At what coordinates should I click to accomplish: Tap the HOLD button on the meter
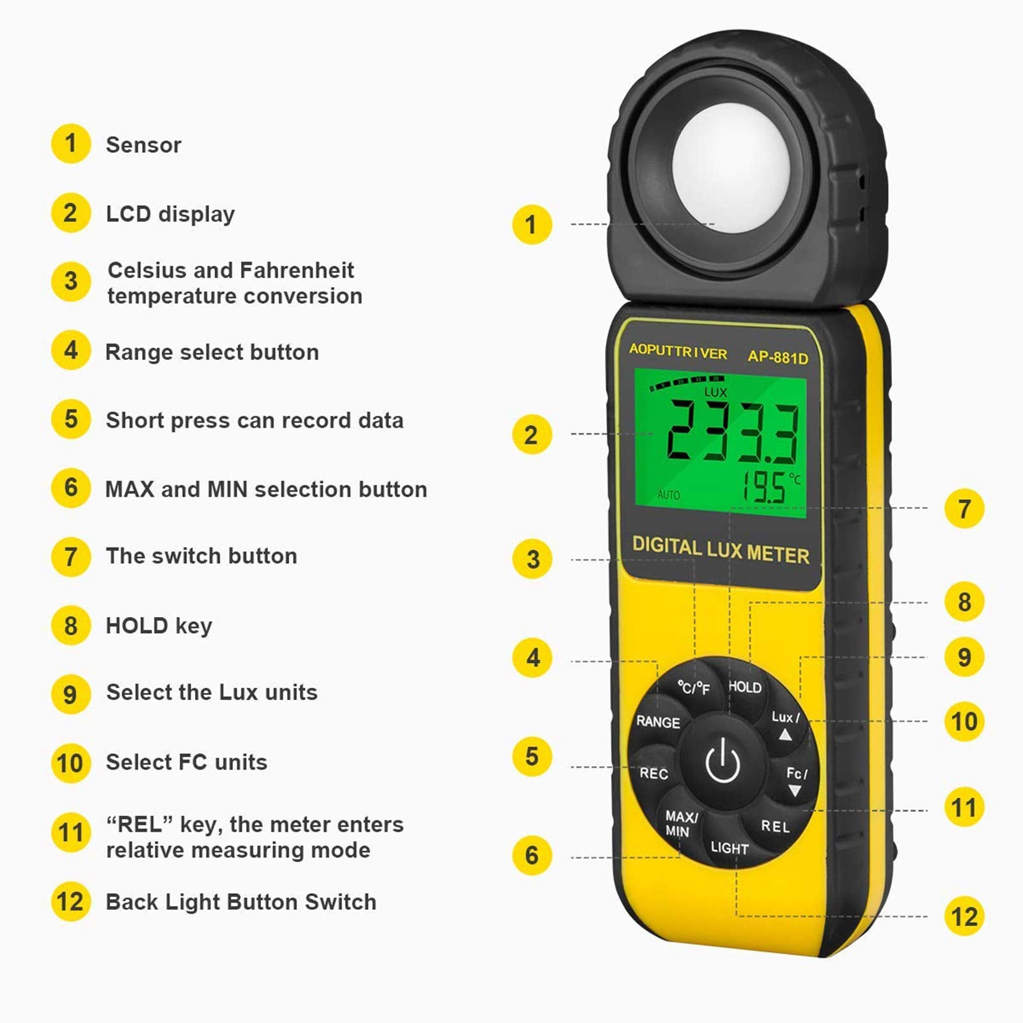coord(745,687)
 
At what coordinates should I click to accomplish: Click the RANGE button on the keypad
coord(657,722)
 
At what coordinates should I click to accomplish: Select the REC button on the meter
coord(653,773)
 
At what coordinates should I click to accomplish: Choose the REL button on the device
coord(775,826)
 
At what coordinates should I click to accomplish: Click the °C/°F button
coord(694,688)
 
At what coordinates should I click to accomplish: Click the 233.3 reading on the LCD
coord(732,432)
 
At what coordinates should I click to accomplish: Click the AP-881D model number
coord(777,357)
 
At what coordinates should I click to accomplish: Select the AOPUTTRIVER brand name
coord(678,352)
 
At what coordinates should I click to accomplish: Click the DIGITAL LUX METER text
coord(721,550)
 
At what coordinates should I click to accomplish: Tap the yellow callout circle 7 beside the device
coord(964,509)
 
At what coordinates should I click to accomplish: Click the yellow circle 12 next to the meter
coord(964,916)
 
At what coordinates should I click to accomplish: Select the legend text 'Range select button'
coord(212,352)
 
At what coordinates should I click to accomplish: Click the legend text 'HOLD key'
coord(159,625)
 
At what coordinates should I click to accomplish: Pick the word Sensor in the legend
coord(143,145)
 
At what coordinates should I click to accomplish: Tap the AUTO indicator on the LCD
coord(668,495)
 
